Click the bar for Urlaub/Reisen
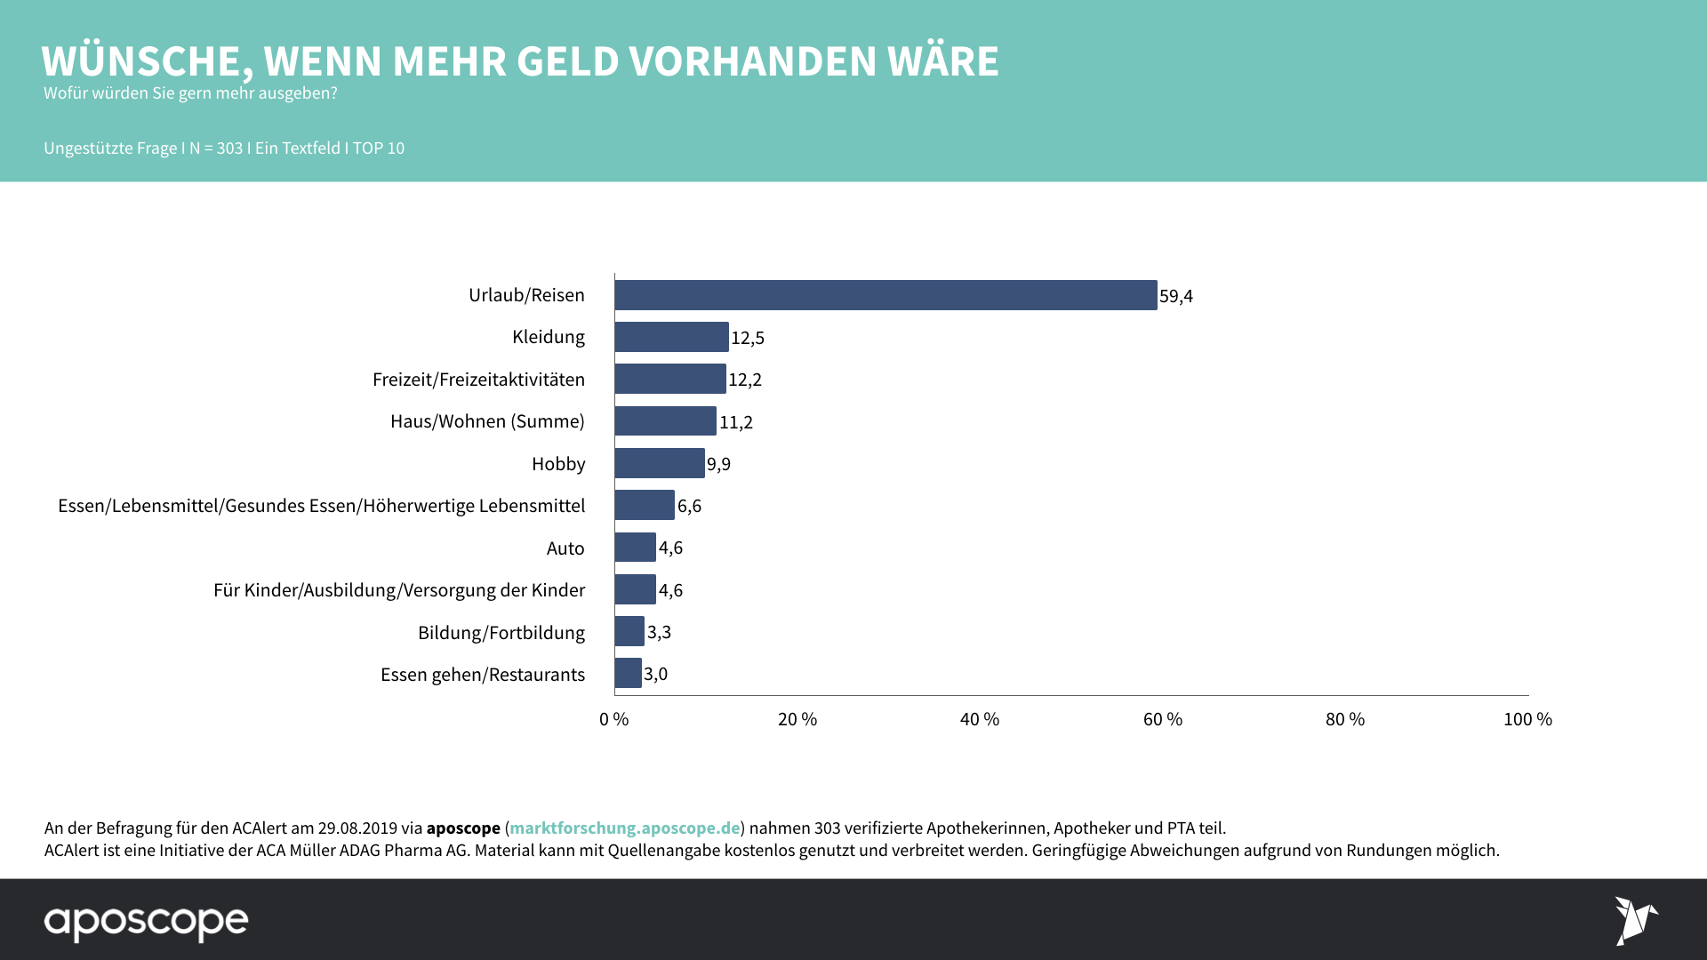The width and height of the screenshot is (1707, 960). coord(886,295)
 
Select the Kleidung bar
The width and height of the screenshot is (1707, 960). coord(671,337)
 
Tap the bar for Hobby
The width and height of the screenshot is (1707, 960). coord(659,463)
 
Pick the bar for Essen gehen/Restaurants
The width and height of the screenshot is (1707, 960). coord(628,673)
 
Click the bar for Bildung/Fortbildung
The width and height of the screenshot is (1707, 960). coord(629,631)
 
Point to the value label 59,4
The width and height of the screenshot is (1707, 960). coord(1175,296)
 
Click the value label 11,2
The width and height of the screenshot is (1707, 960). coord(735,422)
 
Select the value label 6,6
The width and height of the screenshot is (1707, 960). coord(689,506)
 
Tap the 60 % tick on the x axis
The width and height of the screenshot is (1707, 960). coord(1162,719)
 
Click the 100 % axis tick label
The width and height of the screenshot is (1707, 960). coord(1527,719)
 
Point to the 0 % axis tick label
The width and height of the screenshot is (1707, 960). coord(613,719)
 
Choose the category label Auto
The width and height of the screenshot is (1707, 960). coord(565,548)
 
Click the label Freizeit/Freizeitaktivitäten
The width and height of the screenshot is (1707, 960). coord(478,380)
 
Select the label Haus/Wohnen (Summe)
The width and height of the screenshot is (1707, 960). coord(487,421)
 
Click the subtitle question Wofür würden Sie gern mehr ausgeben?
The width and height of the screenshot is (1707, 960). coord(190,93)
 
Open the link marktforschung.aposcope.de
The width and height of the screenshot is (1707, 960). coord(624,828)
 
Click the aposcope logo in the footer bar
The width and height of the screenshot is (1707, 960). coord(146,922)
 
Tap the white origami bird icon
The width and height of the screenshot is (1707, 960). coord(1635,920)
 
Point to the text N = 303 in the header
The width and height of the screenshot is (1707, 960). coord(216,148)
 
